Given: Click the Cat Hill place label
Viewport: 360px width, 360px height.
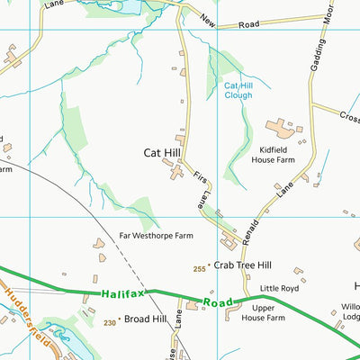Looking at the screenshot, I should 163,153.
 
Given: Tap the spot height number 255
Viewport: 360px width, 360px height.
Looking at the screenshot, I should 199,267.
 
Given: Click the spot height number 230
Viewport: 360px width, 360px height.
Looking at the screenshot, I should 110,321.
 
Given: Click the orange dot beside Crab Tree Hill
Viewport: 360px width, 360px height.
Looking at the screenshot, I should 210,266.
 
